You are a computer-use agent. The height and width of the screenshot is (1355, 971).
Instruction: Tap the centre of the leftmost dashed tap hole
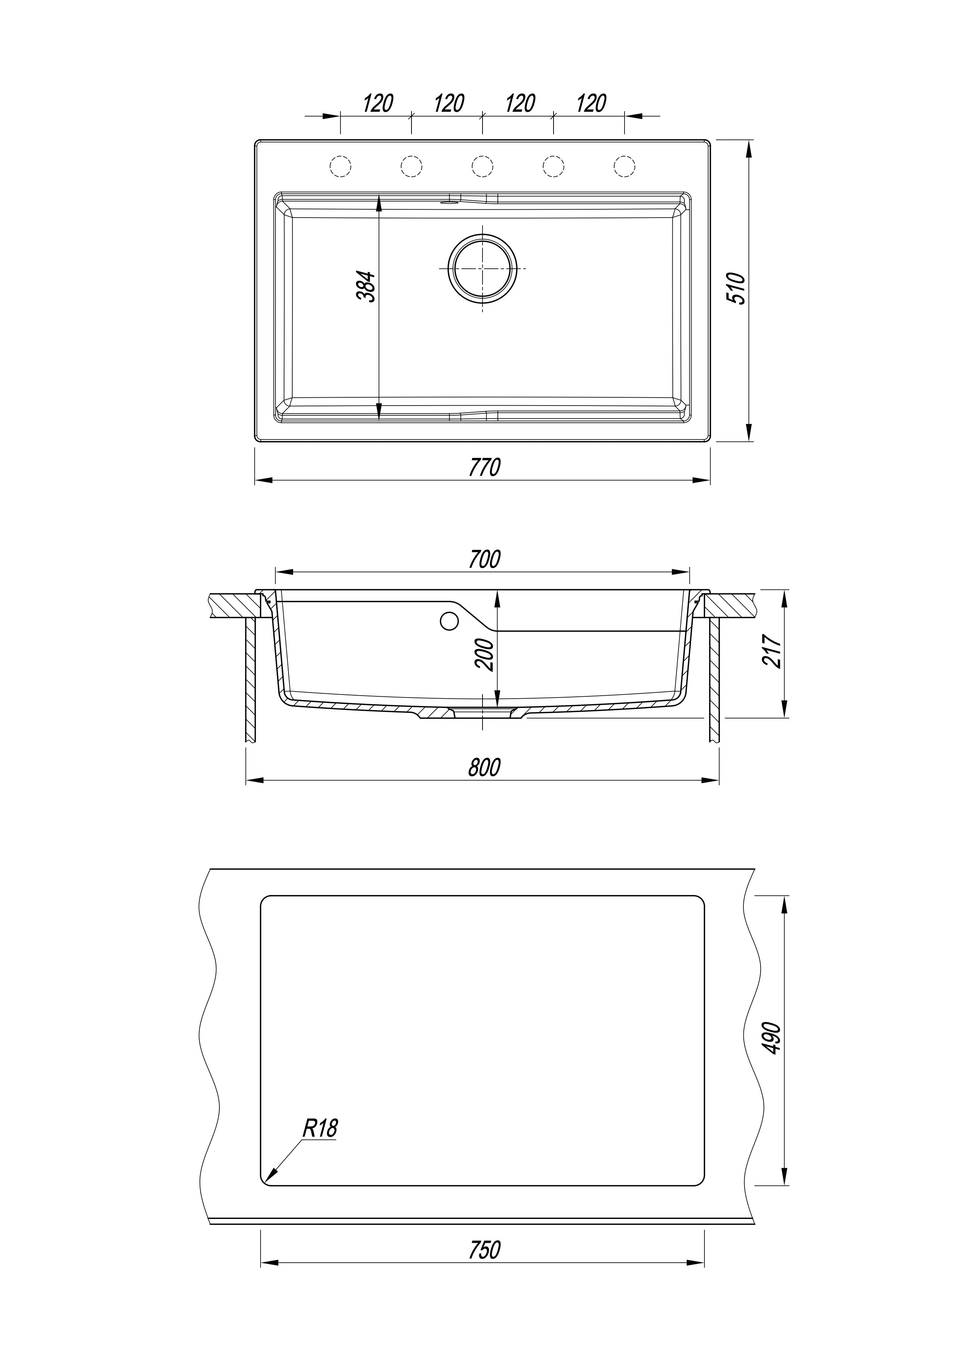point(340,166)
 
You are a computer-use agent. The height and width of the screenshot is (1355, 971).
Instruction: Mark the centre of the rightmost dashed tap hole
point(625,166)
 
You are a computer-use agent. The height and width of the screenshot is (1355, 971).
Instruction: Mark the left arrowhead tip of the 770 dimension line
point(255,480)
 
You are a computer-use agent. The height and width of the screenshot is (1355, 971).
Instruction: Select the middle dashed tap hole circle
point(482,166)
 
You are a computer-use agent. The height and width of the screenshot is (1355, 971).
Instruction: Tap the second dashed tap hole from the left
point(411,166)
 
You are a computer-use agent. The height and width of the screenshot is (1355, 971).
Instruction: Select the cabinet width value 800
point(484,767)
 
